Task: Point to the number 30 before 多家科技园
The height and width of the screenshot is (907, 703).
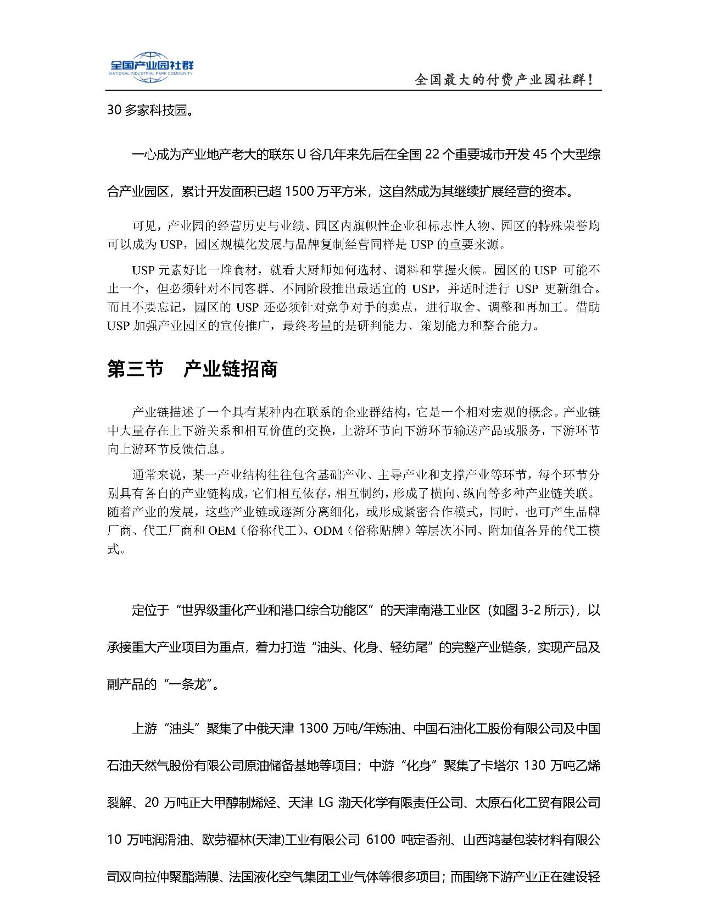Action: (114, 110)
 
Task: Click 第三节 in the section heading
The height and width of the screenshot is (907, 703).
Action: (135, 369)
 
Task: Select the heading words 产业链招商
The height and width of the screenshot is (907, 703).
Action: (231, 369)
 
